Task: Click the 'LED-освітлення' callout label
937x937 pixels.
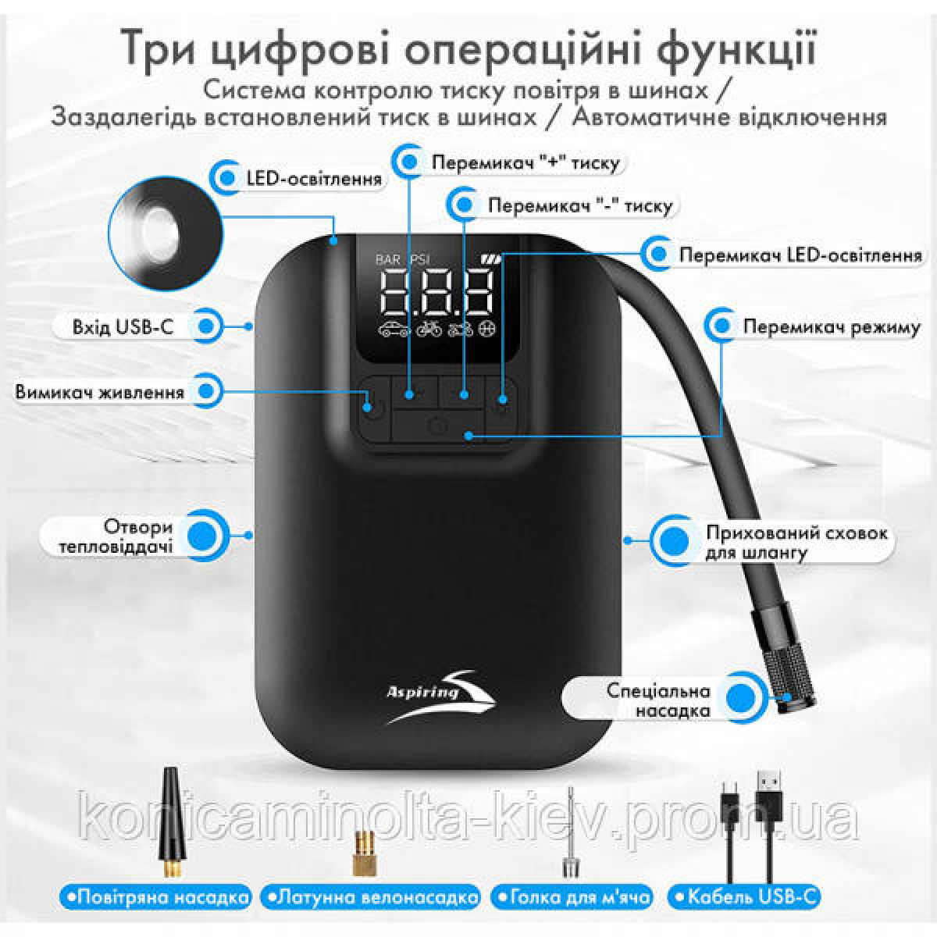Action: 314,179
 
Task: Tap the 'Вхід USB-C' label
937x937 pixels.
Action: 123,326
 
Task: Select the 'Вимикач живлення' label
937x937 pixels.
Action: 100,392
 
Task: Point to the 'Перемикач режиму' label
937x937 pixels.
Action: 832,327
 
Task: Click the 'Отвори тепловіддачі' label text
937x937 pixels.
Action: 116,536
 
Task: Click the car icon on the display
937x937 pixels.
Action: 393,330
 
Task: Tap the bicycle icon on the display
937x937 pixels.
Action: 429,330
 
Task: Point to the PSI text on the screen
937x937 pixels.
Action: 420,259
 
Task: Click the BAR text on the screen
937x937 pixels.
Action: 387,259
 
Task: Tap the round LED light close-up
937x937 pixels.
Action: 166,234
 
